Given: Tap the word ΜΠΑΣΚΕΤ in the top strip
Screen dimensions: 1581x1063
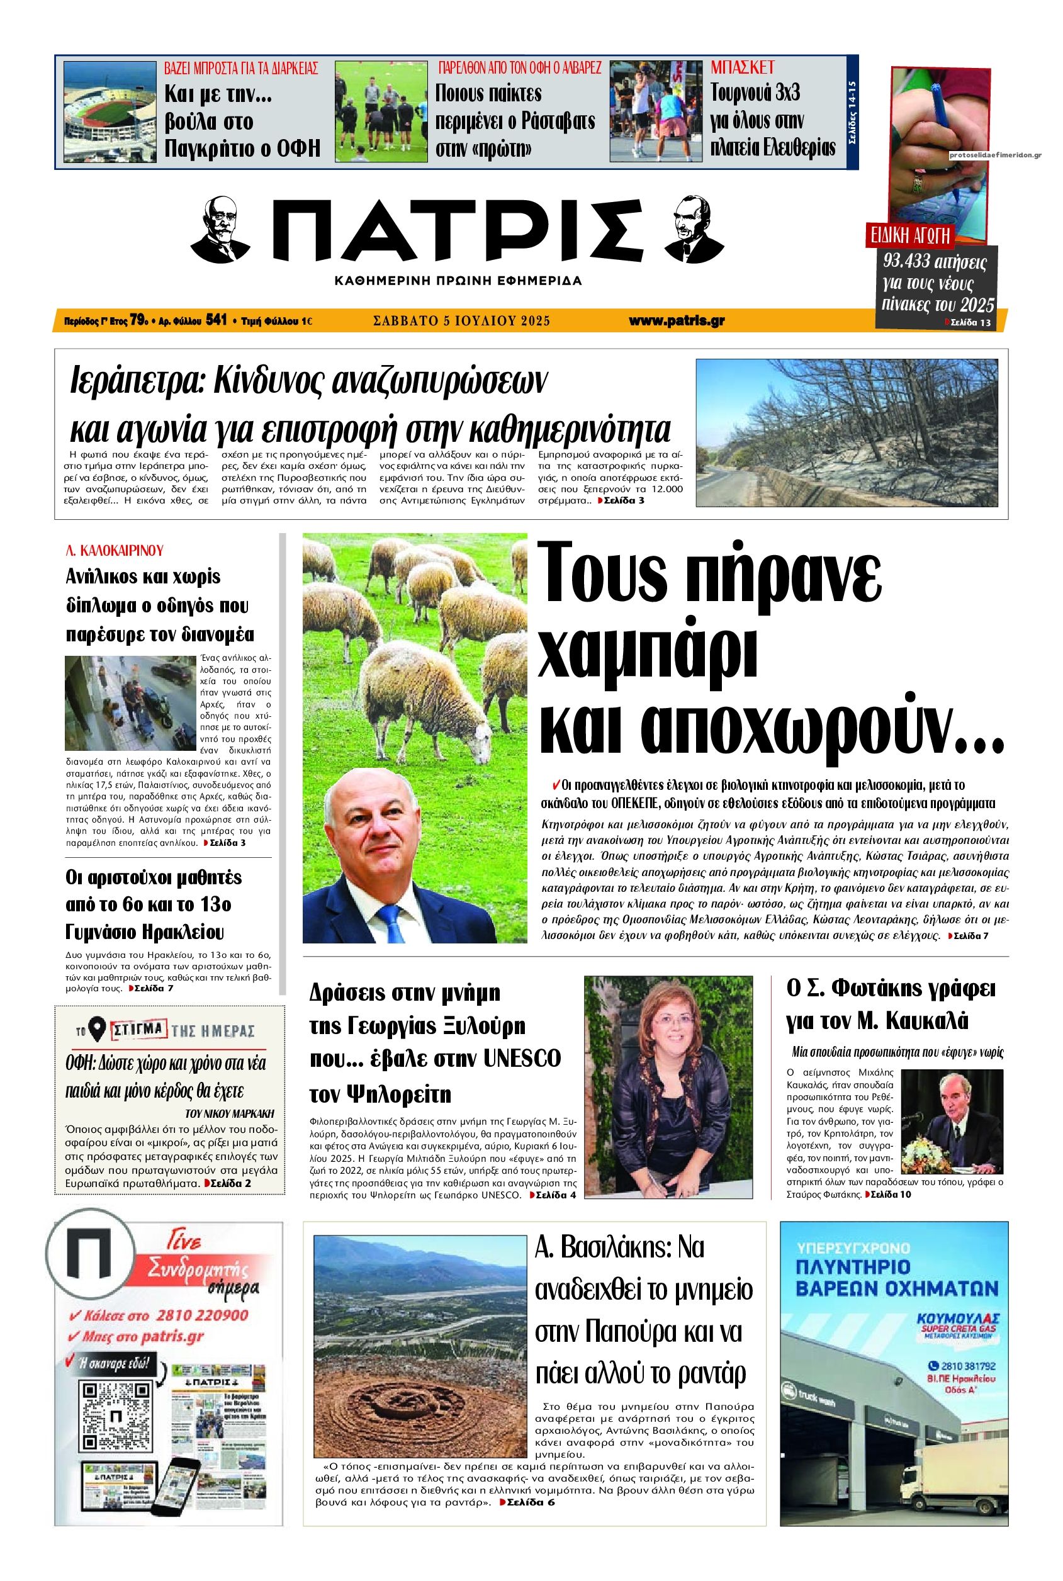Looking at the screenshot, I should pyautogui.click(x=741, y=67).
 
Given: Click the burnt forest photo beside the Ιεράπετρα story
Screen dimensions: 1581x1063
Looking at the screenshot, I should pyautogui.click(x=846, y=432).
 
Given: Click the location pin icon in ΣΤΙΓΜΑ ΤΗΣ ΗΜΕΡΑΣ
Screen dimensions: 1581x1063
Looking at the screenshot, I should pyautogui.click(x=98, y=1030).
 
